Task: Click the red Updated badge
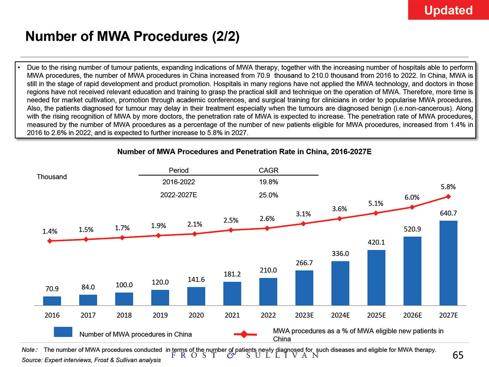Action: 448,10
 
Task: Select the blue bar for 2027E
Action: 448,263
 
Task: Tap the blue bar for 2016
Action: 52,301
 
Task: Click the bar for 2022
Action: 268,292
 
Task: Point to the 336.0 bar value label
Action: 340,253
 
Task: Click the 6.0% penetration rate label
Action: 412,197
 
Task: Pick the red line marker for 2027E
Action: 448,196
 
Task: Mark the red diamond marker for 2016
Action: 50,241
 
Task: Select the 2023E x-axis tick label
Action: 304,315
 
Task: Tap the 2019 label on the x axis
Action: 160,315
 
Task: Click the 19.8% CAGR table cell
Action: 269,182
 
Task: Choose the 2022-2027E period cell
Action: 179,195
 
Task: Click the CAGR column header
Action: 269,170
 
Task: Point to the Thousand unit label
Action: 52,177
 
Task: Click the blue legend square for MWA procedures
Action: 63,332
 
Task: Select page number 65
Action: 458,355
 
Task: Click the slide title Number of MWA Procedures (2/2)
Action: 132,36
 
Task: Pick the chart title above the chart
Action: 244,152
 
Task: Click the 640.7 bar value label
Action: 448,213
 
